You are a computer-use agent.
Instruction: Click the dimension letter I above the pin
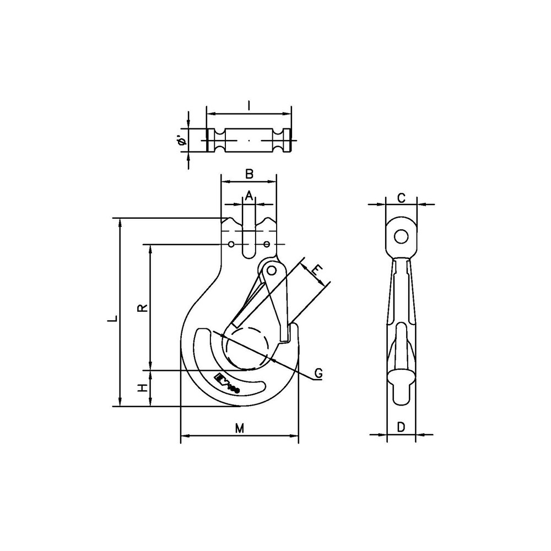pyautogui.click(x=249, y=105)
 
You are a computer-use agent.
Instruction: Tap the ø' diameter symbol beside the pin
pyautogui.click(x=182, y=141)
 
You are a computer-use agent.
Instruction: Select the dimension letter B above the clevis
pyautogui.click(x=249, y=174)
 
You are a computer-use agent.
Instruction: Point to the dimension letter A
pyautogui.click(x=249, y=195)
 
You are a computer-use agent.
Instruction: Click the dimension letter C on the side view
pyautogui.click(x=402, y=198)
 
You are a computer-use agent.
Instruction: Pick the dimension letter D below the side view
pyautogui.click(x=401, y=426)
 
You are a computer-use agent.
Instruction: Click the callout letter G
pyautogui.click(x=318, y=374)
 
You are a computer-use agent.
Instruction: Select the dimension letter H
pyautogui.click(x=143, y=388)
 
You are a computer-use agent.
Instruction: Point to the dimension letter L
pyautogui.click(x=112, y=318)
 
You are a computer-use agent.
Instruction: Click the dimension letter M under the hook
pyautogui.click(x=239, y=428)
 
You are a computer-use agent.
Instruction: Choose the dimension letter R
pyautogui.click(x=143, y=307)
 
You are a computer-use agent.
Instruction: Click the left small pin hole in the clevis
pyautogui.click(x=231, y=244)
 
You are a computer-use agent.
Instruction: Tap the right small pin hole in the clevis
pyautogui.click(x=267, y=244)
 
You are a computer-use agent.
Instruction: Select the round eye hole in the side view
pyautogui.click(x=401, y=236)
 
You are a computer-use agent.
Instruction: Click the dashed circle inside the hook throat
pyautogui.click(x=249, y=348)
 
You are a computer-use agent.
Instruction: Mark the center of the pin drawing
pyautogui.click(x=249, y=141)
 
